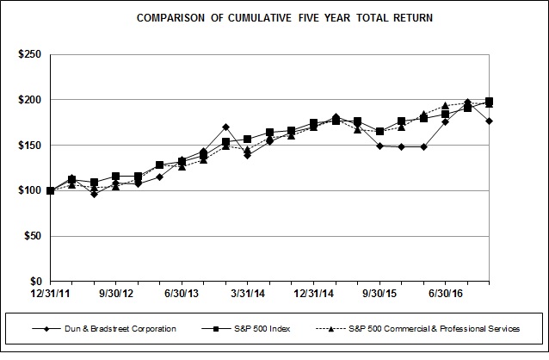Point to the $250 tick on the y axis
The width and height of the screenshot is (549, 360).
coord(31,54)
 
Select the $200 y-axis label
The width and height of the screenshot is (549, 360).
coord(31,100)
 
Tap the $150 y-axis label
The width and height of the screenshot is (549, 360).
coord(31,146)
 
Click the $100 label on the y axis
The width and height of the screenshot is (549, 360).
coord(31,190)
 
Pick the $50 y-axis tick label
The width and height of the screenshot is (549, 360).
coord(34,236)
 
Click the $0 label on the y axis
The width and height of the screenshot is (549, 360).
coord(36,282)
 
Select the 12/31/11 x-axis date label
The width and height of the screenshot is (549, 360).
coord(51,294)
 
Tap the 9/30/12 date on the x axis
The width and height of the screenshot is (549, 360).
coord(115,294)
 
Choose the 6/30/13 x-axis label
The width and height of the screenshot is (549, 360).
coord(182,294)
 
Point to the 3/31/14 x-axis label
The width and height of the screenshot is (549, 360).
coord(247,294)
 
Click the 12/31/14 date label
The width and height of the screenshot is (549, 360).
coord(313,294)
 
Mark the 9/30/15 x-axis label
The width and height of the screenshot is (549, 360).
coord(379,294)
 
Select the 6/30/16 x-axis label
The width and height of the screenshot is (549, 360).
coord(445,294)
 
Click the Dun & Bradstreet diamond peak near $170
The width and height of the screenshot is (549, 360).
coord(225,127)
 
